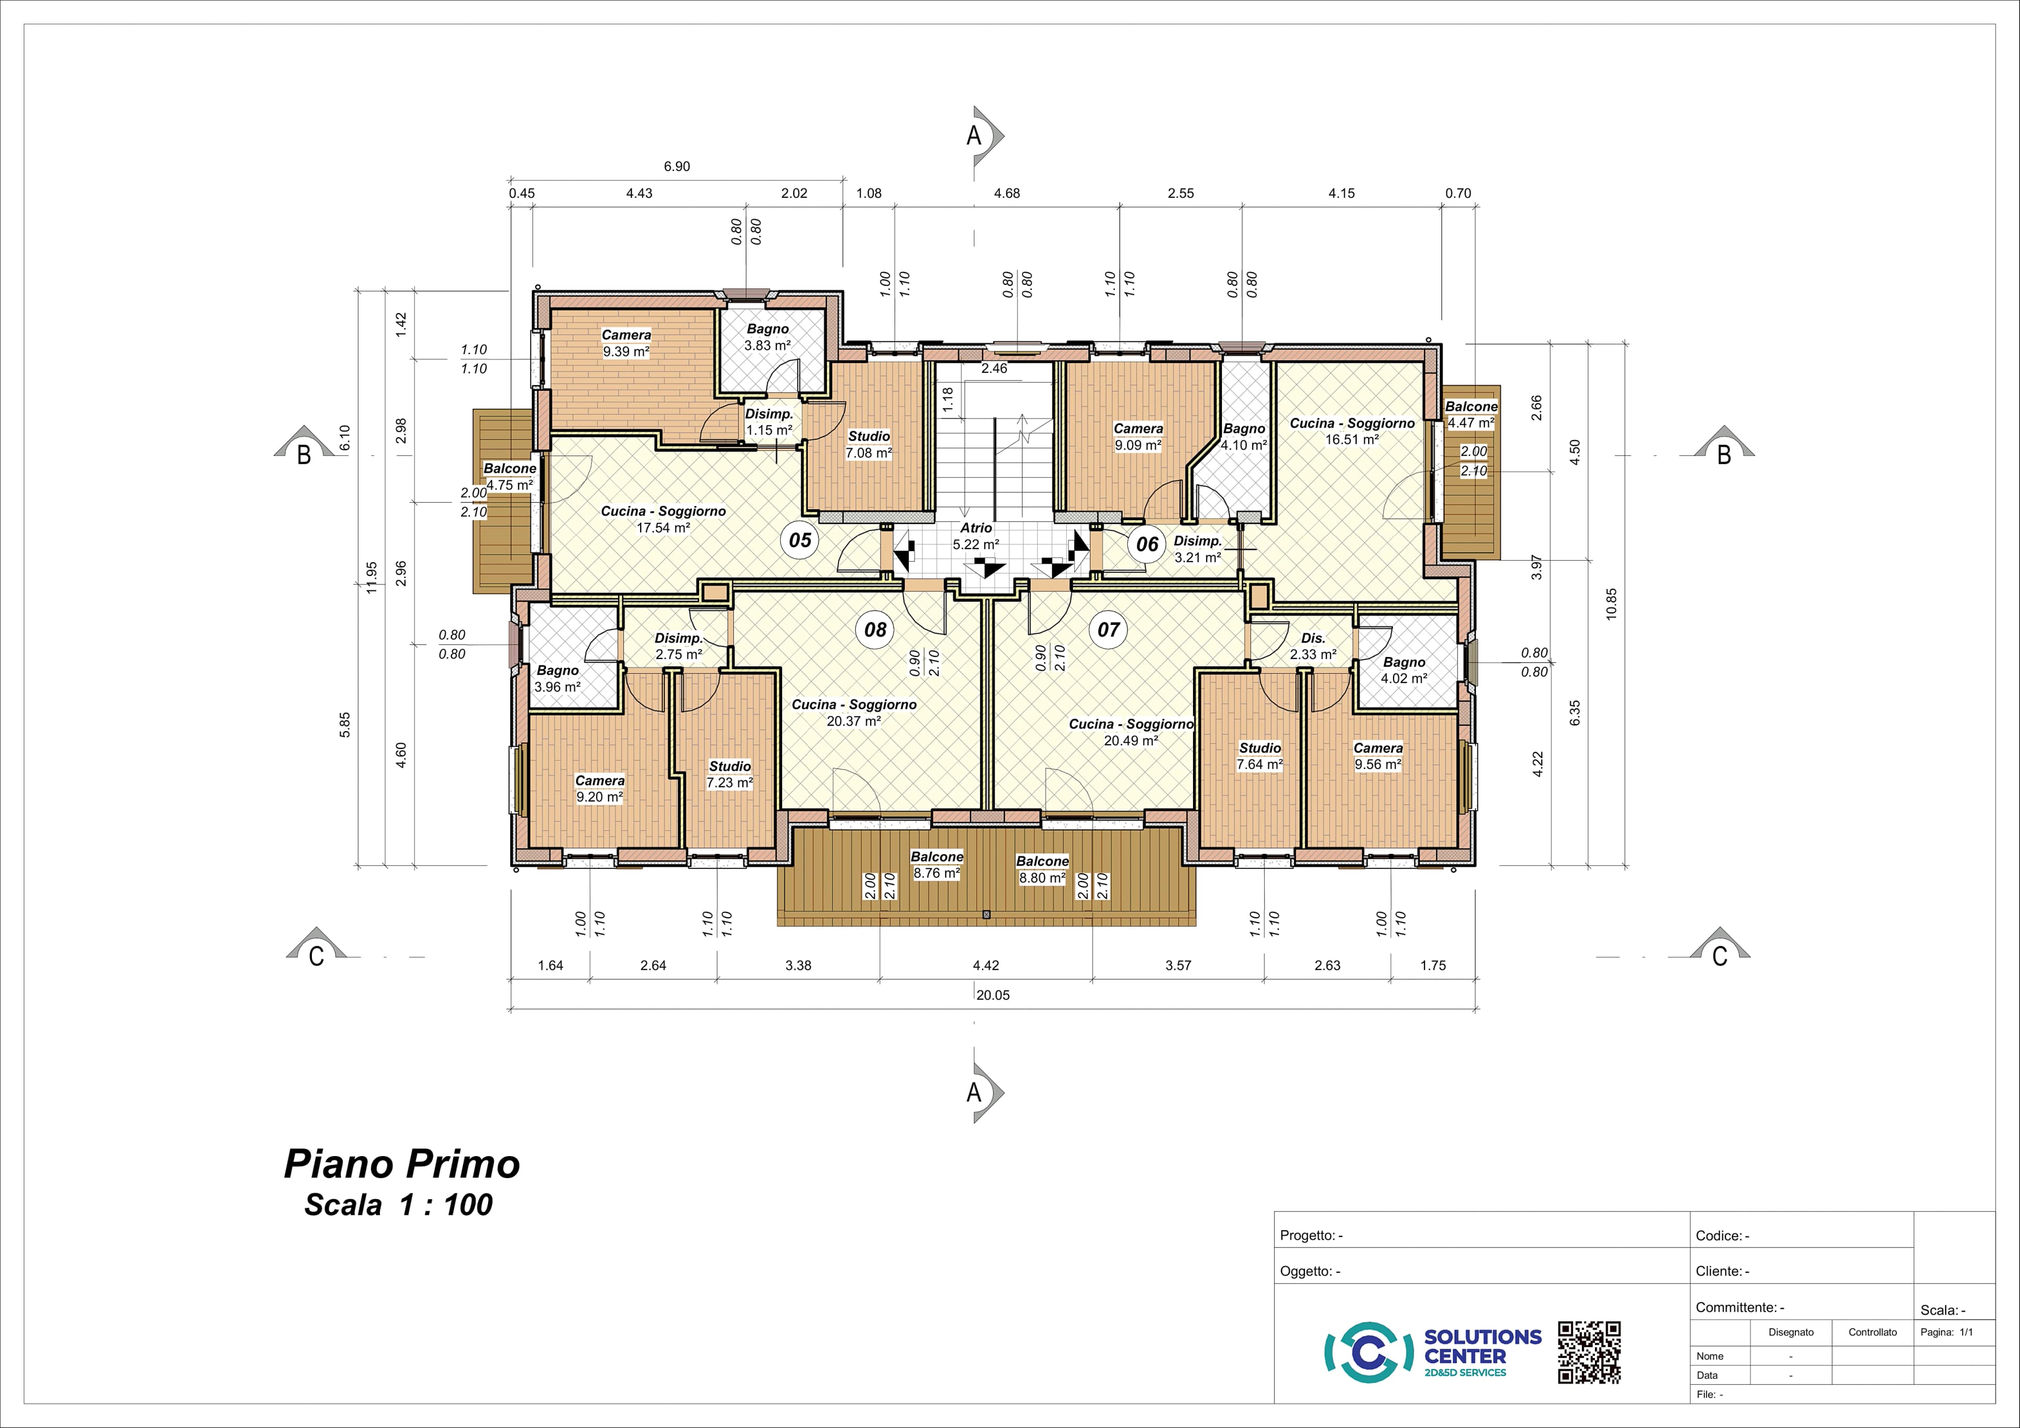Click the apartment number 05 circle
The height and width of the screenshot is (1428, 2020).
(x=800, y=539)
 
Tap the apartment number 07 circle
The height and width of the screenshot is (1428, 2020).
(x=1108, y=629)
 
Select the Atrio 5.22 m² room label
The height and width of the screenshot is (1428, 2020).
(x=976, y=536)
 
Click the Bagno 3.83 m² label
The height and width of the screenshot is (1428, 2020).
(x=767, y=337)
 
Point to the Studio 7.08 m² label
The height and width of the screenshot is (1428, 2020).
(x=868, y=444)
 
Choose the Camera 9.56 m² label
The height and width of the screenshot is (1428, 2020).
(x=1378, y=756)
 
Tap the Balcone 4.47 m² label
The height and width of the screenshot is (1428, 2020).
(x=1471, y=414)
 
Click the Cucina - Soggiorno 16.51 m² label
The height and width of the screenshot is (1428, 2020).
(x=1352, y=431)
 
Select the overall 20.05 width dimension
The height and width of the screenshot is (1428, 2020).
(x=993, y=995)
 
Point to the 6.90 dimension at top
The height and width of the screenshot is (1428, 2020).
(x=676, y=166)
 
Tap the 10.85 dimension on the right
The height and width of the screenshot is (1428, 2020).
(x=1611, y=604)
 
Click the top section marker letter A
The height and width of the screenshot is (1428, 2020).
(x=974, y=136)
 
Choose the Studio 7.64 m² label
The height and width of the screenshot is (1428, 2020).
(x=1260, y=756)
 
